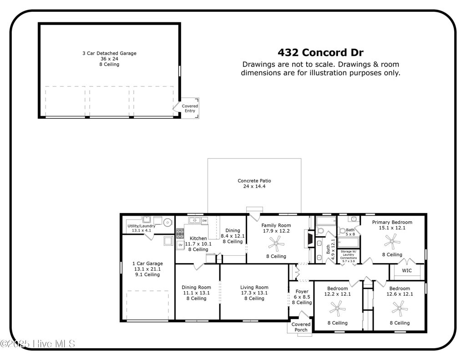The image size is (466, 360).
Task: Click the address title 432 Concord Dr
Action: tap(320, 53)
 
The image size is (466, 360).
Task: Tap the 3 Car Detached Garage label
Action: tap(109, 54)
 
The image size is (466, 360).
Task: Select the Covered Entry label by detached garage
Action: tap(190, 108)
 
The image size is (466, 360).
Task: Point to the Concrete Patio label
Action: tap(254, 181)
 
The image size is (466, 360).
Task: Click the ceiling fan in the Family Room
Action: tap(276, 243)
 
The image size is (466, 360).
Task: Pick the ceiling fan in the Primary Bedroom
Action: tap(392, 241)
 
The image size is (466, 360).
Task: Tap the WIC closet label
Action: tap(406, 270)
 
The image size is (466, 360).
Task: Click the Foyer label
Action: tap(302, 292)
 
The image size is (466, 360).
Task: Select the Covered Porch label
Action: tap(301, 327)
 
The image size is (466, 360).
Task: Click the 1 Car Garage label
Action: tap(147, 264)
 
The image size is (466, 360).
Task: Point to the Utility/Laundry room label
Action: tap(142, 226)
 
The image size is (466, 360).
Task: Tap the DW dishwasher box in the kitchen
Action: tap(204, 221)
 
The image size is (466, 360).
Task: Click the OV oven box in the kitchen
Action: tap(180, 245)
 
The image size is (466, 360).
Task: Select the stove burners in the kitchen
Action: tap(180, 233)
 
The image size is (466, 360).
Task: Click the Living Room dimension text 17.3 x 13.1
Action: tap(254, 293)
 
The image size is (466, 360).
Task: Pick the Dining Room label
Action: tap(196, 288)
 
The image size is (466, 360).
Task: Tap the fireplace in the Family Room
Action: tap(309, 239)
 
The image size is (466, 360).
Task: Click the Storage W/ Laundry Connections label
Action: tap(348, 256)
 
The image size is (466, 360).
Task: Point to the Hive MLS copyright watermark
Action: tap(37, 344)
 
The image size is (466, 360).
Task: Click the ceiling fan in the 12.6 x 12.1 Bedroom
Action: tap(400, 309)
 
